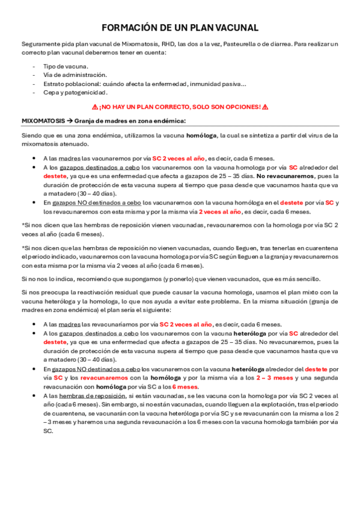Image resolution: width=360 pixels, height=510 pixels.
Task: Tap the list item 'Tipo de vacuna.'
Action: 66,66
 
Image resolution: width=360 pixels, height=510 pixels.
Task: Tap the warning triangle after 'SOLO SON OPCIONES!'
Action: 265,106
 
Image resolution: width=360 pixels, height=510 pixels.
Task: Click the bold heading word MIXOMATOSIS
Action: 43,120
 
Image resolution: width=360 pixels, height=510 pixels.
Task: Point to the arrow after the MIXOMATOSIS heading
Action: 70,120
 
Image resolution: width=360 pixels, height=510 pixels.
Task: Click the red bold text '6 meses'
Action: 185,387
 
